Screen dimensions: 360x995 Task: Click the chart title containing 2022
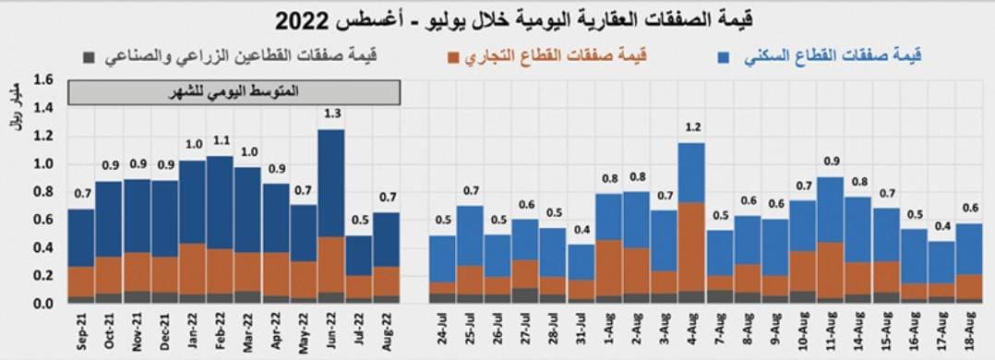click(x=497, y=19)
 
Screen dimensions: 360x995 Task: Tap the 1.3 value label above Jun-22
click(x=330, y=114)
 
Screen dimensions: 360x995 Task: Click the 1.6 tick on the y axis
click(x=42, y=79)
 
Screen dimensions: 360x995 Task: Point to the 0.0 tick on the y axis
click(x=42, y=304)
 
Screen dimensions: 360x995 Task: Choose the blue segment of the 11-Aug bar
click(x=830, y=210)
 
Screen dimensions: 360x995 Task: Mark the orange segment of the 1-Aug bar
click(x=608, y=268)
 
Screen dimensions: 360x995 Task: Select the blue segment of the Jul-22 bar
click(x=358, y=255)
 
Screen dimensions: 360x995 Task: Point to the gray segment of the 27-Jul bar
click(x=526, y=295)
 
